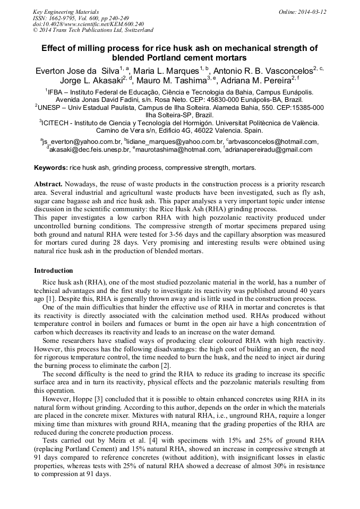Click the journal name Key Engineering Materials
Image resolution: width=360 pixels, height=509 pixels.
point(66,12)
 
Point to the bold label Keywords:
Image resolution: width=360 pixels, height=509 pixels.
point(51,168)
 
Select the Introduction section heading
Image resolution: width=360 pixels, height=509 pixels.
point(54,271)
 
